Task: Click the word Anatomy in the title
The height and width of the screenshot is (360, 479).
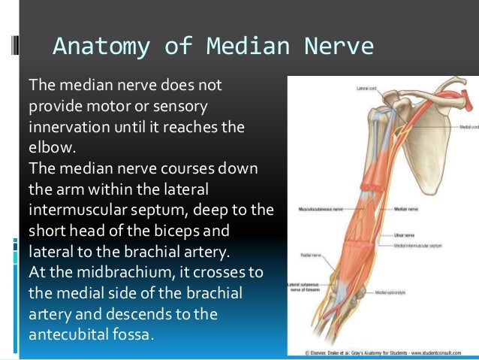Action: click(89, 47)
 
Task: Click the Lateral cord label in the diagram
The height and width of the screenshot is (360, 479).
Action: click(367, 88)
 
